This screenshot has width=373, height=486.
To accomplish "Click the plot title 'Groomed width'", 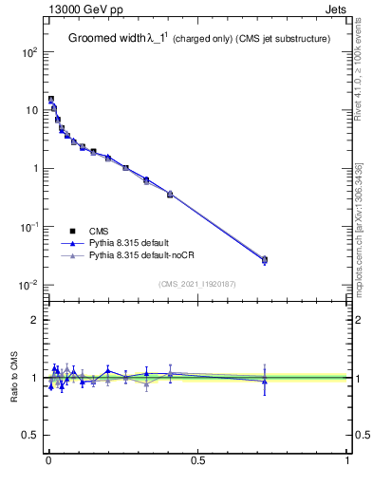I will pyautogui.click(x=106, y=39).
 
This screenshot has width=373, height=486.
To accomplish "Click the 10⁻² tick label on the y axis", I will pyautogui.click(x=28, y=285).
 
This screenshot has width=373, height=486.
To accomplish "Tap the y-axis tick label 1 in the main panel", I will pyautogui.click(x=34, y=168).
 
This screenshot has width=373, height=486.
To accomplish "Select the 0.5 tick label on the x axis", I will pyautogui.click(x=197, y=462).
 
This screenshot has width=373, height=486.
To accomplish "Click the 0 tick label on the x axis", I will pyautogui.click(x=48, y=462).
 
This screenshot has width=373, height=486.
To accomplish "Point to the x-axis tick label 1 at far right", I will pyautogui.click(x=347, y=462).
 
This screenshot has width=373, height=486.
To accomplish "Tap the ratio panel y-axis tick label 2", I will pyautogui.click(x=34, y=320).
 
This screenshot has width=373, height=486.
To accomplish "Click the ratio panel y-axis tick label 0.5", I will pyautogui.click(x=30, y=436).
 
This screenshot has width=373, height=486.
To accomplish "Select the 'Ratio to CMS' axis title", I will pyautogui.click(x=13, y=378).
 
